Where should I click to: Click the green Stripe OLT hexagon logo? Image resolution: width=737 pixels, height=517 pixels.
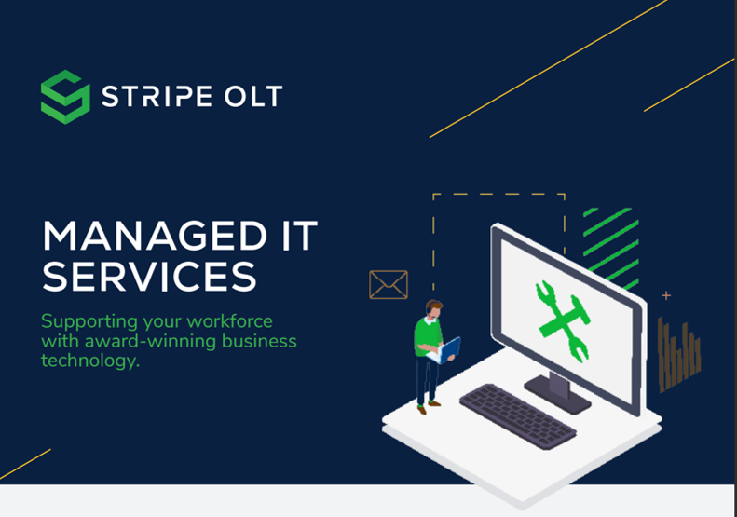pos(65,96)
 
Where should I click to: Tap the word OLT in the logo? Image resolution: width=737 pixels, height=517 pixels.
pos(252,96)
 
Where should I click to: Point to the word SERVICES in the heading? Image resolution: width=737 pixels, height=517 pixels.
pos(149,277)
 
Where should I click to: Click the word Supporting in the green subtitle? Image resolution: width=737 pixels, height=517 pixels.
pos(87,321)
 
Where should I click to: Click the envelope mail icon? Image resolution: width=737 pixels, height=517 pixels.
pos(389,284)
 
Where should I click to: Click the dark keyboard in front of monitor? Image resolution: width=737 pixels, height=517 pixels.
pos(518,415)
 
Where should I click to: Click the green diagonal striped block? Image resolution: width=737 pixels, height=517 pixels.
pos(611,246)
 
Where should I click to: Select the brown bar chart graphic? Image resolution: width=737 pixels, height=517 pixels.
pos(678,355)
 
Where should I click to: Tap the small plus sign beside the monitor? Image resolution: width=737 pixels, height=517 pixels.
pos(666,296)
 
